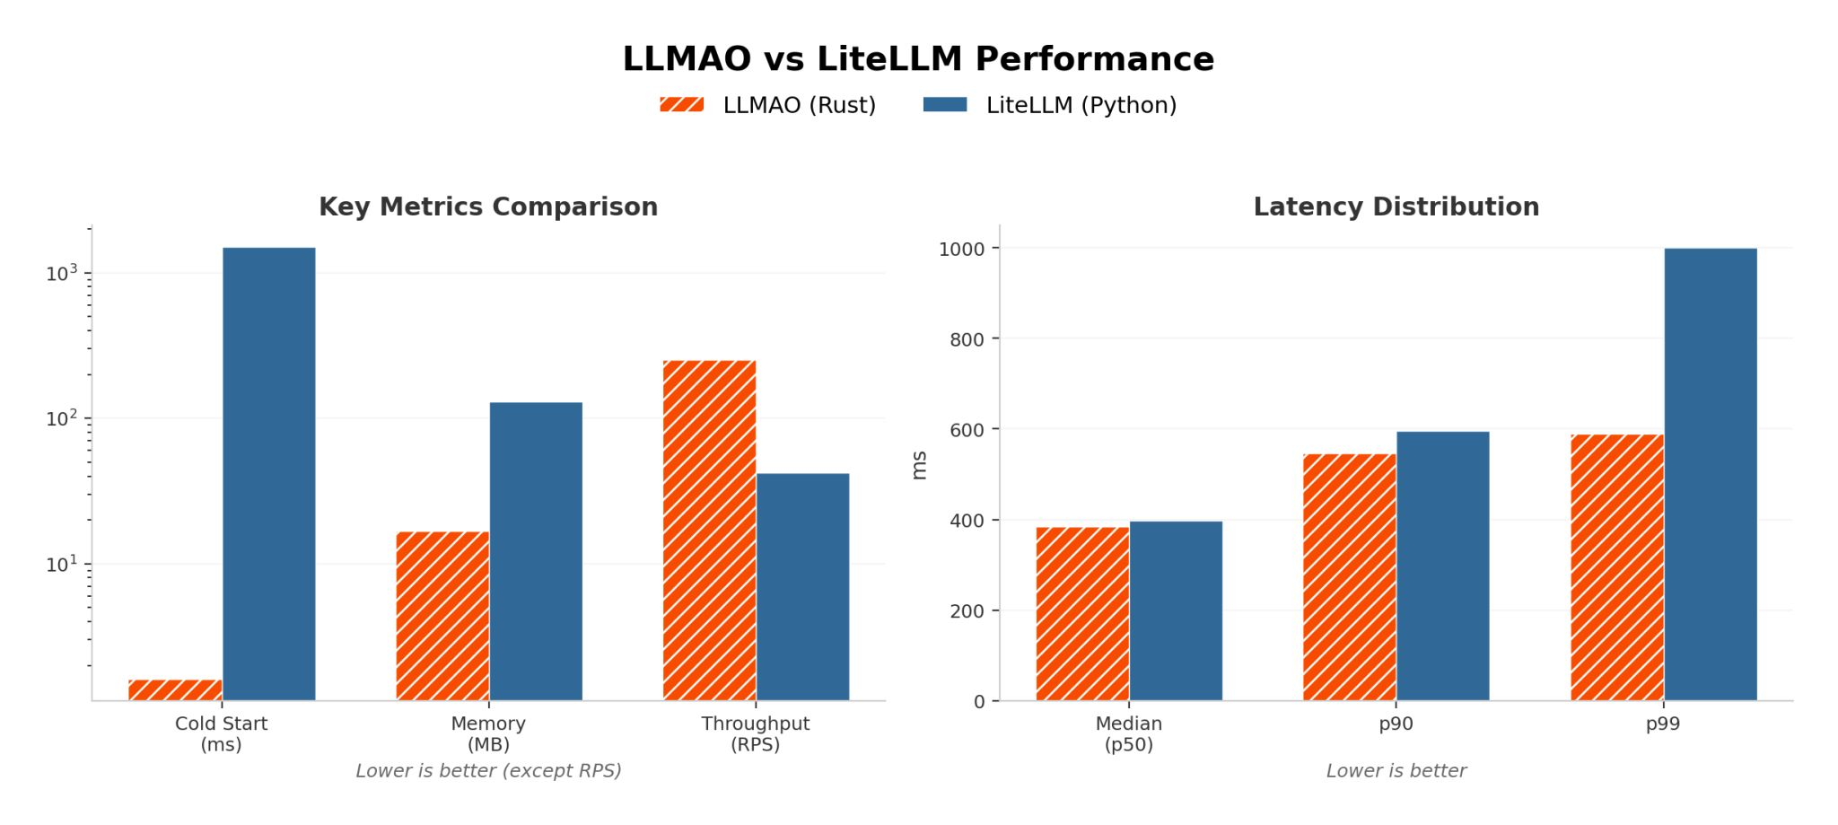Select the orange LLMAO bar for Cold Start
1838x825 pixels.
click(x=175, y=689)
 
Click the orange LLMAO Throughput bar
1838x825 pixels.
click(x=709, y=530)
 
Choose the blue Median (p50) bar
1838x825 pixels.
click(x=1175, y=610)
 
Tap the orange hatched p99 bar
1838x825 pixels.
click(x=1616, y=567)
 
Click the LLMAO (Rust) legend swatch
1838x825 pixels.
click(x=681, y=105)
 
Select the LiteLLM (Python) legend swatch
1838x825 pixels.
click(x=945, y=105)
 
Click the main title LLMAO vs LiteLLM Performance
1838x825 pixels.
click(x=918, y=59)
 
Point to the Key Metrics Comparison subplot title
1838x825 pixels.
click(x=488, y=206)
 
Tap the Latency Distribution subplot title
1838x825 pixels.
click(x=1396, y=206)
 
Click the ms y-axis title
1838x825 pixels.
click(x=919, y=465)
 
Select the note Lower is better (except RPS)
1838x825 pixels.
click(x=488, y=770)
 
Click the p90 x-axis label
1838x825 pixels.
click(x=1396, y=724)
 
